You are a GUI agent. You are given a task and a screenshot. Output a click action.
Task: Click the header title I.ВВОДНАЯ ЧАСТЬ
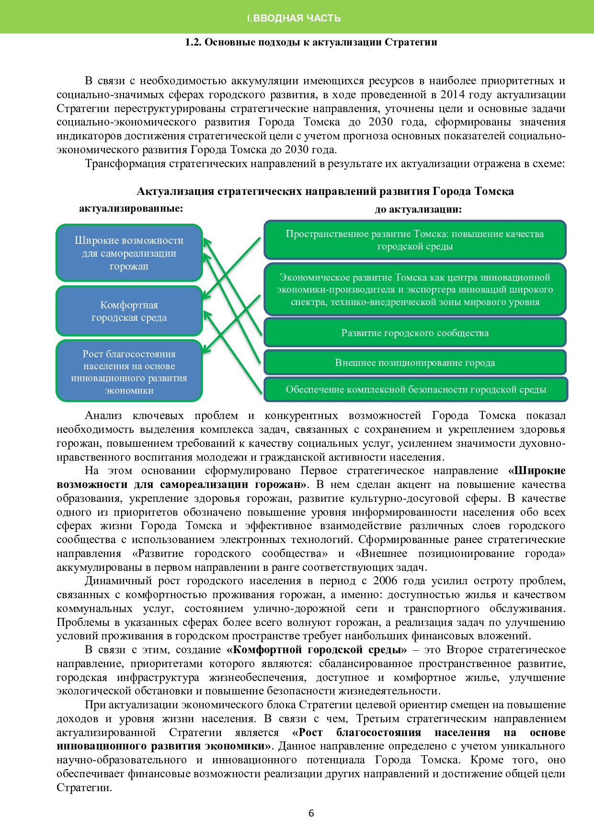tap(294, 18)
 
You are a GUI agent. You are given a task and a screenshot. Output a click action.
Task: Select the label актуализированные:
tap(131, 208)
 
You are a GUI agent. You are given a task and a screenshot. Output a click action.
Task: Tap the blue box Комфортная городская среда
tap(129, 311)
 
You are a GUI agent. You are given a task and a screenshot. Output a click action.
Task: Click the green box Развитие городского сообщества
tap(415, 333)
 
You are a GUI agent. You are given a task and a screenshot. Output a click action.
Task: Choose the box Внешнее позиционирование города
tap(415, 363)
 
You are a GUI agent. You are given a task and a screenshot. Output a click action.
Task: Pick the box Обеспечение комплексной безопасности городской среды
tap(416, 389)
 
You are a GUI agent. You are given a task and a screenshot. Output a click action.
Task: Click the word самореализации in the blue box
tap(138, 253)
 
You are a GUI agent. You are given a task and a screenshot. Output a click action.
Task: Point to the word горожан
tap(129, 266)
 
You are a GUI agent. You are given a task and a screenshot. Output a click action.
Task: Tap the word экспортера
tap(431, 289)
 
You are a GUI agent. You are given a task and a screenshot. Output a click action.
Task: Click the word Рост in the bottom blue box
tap(92, 354)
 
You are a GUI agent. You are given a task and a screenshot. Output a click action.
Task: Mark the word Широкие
tap(97, 240)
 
